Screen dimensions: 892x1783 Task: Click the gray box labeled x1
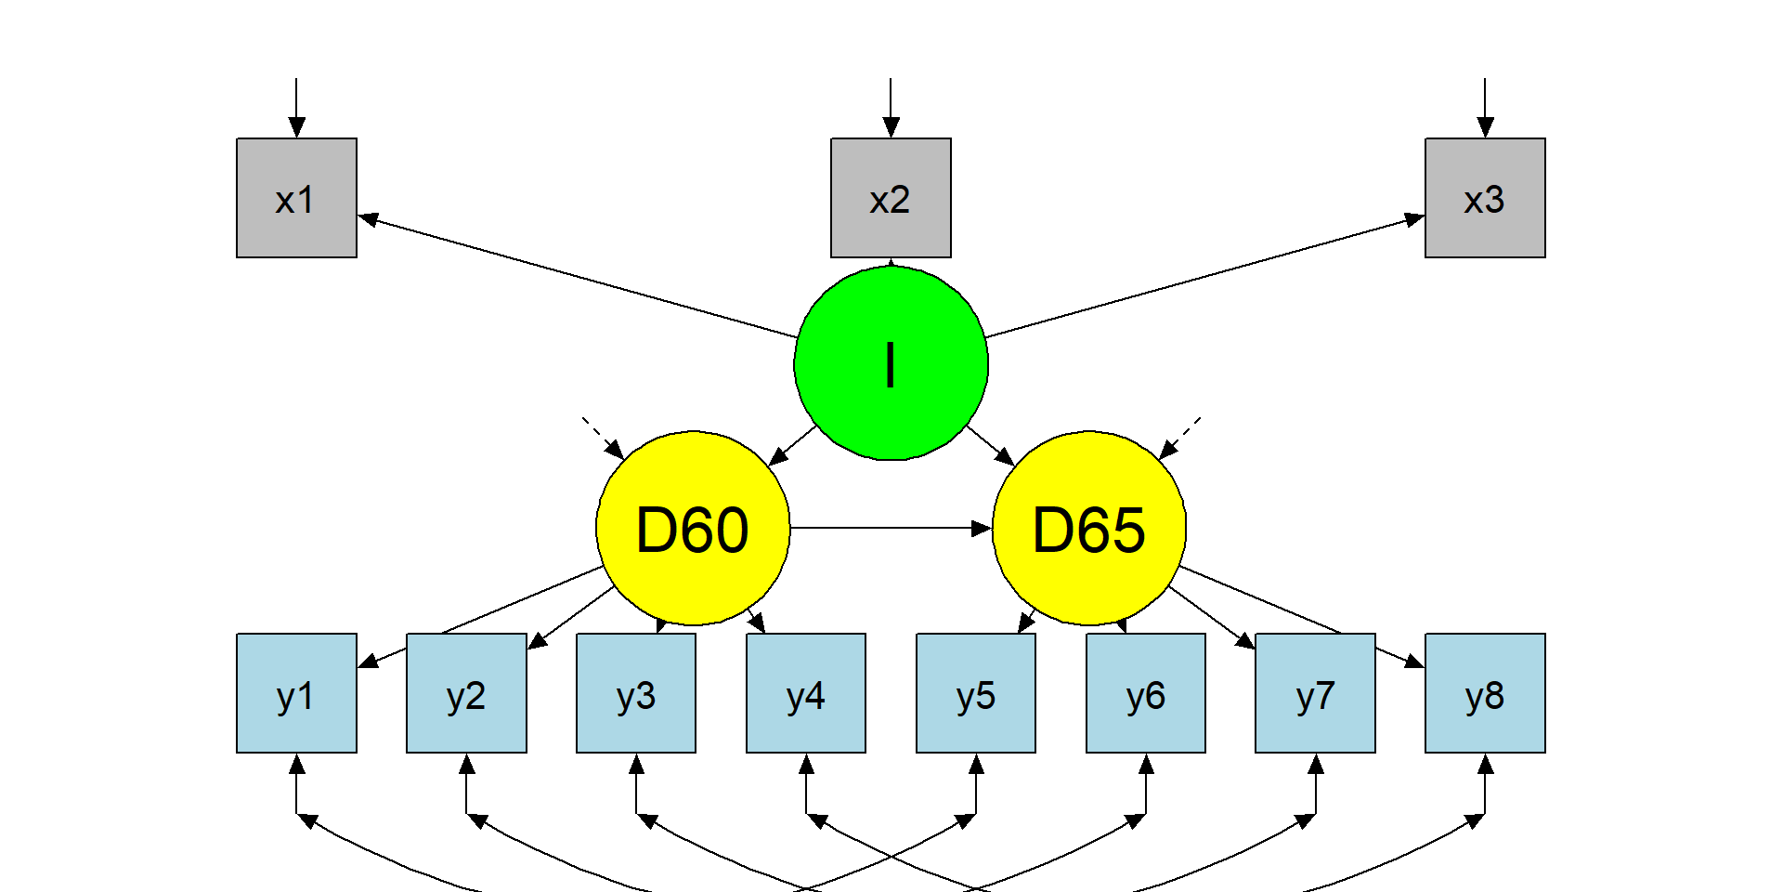click(296, 198)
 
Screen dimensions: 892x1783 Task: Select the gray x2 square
click(891, 198)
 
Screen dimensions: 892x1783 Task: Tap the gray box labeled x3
click(1485, 198)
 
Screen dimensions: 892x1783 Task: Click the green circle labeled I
click(891, 363)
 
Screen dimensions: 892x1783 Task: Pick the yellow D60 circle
click(693, 528)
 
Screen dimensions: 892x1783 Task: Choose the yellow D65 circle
click(1089, 528)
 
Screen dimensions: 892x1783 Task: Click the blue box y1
click(296, 693)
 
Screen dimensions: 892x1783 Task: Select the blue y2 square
click(466, 693)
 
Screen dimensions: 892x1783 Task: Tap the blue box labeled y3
click(636, 693)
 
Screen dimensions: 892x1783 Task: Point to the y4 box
click(806, 693)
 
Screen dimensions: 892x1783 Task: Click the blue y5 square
click(976, 693)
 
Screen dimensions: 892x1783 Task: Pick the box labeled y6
click(1146, 693)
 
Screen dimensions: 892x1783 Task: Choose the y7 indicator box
click(1315, 693)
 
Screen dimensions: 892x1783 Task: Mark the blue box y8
click(1485, 693)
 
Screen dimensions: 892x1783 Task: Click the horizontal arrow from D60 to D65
click(891, 528)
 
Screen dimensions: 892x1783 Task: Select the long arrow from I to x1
click(576, 277)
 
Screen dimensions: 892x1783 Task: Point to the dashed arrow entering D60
click(602, 438)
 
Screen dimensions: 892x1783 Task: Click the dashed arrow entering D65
click(1180, 438)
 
